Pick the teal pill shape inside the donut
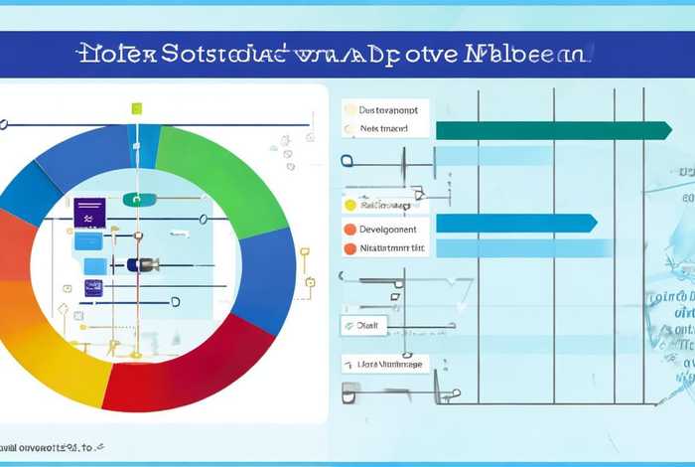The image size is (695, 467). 140,199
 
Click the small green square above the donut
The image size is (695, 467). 137,107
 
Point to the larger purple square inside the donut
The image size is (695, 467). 89,212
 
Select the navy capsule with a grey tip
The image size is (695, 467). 143,264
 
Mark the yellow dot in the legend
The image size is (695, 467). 349,205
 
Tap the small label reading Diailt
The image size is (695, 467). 369,324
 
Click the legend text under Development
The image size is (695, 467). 391,247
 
